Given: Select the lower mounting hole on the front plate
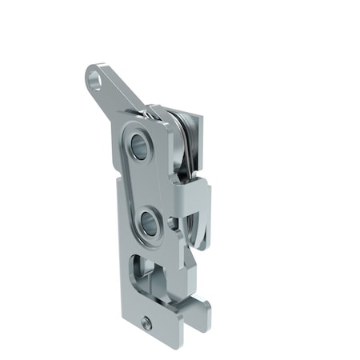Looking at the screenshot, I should (147, 220).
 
